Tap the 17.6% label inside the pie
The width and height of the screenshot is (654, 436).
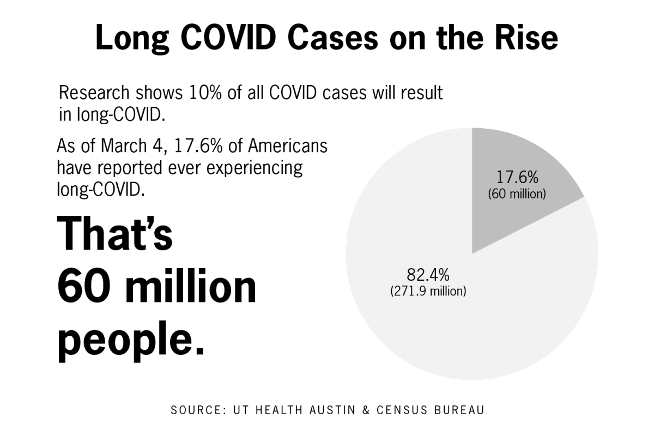(517, 178)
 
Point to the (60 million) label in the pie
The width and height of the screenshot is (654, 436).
(517, 193)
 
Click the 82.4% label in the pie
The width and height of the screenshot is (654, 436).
(428, 274)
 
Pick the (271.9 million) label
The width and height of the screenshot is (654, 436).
(428, 291)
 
